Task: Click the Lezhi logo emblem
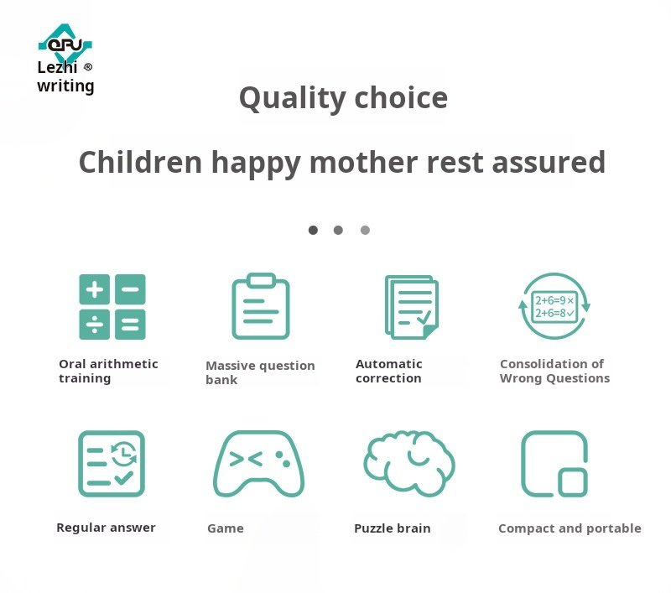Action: pos(65,42)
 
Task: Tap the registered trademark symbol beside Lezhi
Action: pos(88,67)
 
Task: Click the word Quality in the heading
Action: pos(292,99)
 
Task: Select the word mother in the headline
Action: pos(364,162)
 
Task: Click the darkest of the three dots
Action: pos(313,230)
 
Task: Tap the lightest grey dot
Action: pos(365,230)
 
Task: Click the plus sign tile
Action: pos(95,289)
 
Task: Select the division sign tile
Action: pos(95,325)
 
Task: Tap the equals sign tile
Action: pos(130,325)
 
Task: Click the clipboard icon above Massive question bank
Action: pos(261,306)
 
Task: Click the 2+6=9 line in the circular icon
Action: pos(554,300)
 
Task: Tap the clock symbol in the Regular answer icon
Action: pos(123,453)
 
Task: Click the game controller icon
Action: pos(259,464)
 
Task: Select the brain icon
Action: pos(409,463)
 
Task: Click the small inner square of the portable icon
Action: pos(573,482)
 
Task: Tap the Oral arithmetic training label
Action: pos(108,371)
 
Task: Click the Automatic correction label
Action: pos(389,371)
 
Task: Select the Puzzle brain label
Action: pos(393,528)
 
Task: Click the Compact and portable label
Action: pos(570,528)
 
